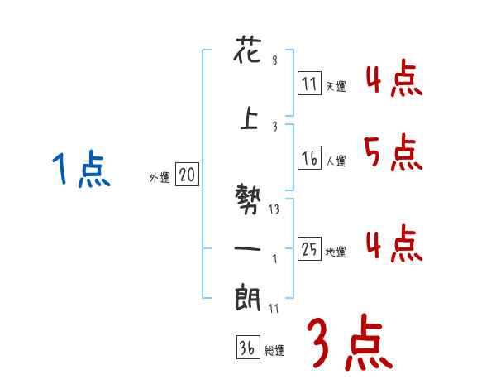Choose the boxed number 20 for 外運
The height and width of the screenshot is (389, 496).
pyautogui.click(x=188, y=175)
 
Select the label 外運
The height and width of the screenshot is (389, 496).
pyautogui.click(x=159, y=177)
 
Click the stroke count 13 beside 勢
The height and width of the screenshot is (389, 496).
pyautogui.click(x=274, y=209)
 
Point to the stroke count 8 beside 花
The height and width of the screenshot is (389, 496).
pyautogui.click(x=274, y=60)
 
